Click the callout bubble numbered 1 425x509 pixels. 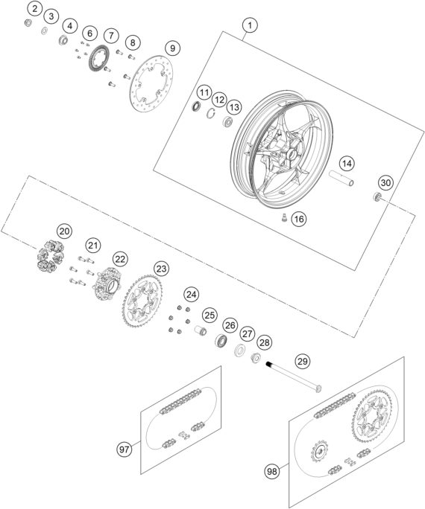pos(250,25)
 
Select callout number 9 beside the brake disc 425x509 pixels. pos(171,48)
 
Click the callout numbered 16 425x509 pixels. pos(298,219)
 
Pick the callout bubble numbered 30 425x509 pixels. pos(385,183)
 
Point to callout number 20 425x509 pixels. pos(65,231)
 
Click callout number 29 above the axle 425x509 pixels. pos(300,361)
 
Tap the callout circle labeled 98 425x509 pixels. pos(273,470)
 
